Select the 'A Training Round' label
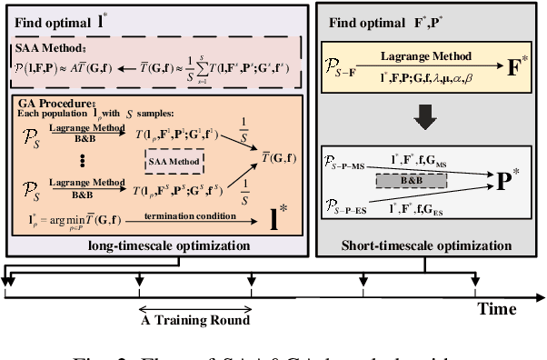coord(194,319)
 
